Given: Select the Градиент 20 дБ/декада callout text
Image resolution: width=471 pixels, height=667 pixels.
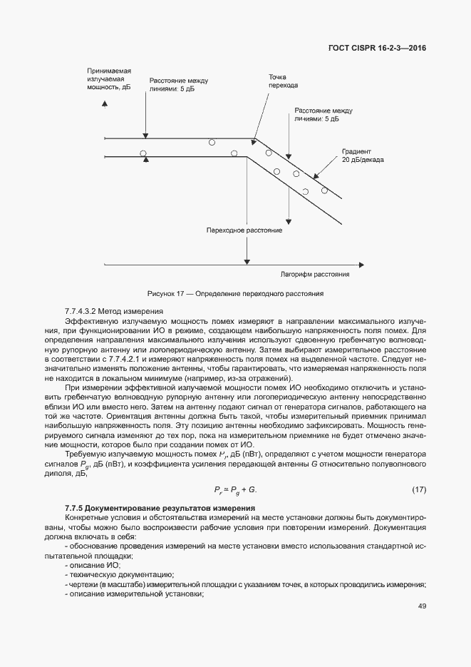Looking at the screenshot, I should click(363, 156).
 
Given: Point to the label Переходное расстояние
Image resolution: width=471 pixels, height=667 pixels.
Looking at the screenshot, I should click(244, 230).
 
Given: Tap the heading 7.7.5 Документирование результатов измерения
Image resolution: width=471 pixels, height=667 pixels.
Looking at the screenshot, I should click(151, 506).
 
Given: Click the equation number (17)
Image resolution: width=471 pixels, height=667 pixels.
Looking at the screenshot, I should click(419, 489).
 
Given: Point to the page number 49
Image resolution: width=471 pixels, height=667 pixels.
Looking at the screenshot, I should click(422, 606).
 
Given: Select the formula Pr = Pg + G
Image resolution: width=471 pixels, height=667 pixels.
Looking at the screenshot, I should click(235, 489).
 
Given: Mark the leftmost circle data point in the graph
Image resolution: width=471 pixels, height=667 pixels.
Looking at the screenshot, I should click(143, 153).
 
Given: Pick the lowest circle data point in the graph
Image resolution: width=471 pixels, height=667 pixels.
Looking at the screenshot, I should click(305, 191).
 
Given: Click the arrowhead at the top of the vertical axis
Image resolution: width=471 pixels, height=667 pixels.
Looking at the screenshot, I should click(105, 104).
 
